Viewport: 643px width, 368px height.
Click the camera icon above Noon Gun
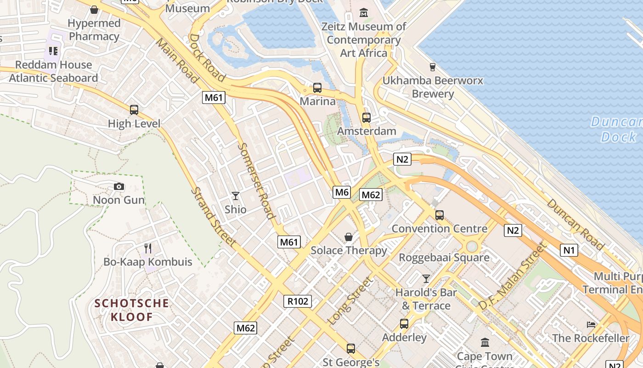[x=119, y=186]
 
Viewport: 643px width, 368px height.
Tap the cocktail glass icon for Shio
[x=236, y=196]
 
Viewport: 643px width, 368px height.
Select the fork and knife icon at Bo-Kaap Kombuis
[x=148, y=248]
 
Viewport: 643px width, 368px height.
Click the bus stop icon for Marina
[x=317, y=87]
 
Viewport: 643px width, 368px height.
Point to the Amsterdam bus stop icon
[x=366, y=117]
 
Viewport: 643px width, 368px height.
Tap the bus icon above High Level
[x=134, y=109]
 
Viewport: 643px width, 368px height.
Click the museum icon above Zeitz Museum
[x=364, y=13]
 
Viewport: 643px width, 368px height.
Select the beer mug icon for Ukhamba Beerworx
[x=432, y=67]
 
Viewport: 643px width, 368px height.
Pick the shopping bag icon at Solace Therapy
[x=349, y=237]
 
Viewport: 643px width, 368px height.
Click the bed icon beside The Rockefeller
[x=591, y=324]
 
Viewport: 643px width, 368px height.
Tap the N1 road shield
[x=569, y=250]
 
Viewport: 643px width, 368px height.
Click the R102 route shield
[x=298, y=301]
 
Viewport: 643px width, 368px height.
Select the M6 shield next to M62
[x=342, y=192]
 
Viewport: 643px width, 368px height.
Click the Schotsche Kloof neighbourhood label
[x=132, y=310]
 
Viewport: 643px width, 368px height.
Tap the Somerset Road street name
[x=257, y=181]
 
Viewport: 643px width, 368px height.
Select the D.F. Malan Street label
[x=513, y=276]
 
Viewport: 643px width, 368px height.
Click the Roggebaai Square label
[x=444, y=257]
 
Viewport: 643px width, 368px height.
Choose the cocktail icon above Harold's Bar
[x=426, y=278]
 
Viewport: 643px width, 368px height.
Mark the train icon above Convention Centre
[x=440, y=215]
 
